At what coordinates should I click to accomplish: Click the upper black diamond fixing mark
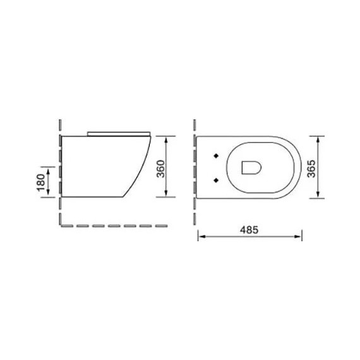coord(217,154)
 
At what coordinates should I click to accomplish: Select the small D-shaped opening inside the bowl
coord(251,167)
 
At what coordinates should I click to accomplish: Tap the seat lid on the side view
coord(119,133)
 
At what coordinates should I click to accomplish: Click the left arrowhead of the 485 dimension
coord(201,237)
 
